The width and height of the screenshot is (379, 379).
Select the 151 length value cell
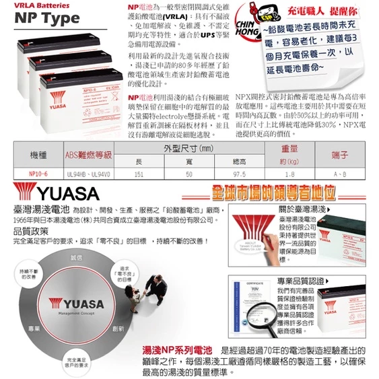(x=139, y=174)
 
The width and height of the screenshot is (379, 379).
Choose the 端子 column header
(x=340, y=155)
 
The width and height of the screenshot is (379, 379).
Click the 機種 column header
(x=38, y=155)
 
